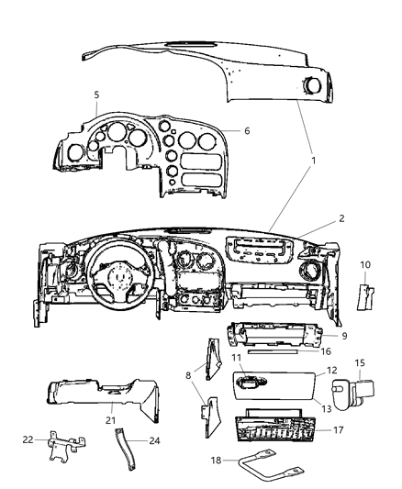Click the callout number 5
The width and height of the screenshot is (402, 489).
click(96, 94)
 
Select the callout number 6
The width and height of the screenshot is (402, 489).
click(246, 131)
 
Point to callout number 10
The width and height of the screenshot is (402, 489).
click(365, 265)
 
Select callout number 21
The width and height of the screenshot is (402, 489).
click(111, 420)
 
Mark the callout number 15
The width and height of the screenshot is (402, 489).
click(359, 363)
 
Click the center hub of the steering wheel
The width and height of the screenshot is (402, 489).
click(117, 274)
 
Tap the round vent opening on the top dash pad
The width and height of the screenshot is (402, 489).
click(312, 88)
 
